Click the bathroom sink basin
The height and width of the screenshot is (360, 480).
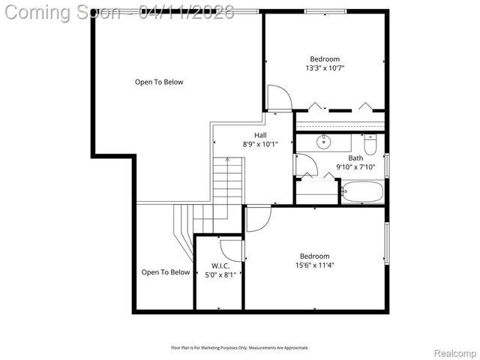(x=325, y=142)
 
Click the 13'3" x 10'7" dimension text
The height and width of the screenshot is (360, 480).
(x=325, y=68)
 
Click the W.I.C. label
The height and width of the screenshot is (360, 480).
(x=220, y=265)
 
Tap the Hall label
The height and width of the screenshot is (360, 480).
(x=260, y=134)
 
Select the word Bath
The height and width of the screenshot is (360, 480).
(x=355, y=157)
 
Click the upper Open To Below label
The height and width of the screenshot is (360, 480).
(x=159, y=82)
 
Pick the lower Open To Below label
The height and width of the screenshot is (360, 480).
(x=166, y=272)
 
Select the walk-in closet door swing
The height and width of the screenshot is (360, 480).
(x=231, y=250)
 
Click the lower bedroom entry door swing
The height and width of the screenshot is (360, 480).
(x=257, y=219)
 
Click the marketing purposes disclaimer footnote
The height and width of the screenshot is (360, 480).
(x=239, y=348)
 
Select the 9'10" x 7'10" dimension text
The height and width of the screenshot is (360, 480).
(x=355, y=166)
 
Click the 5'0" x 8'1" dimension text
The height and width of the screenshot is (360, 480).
(x=220, y=274)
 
